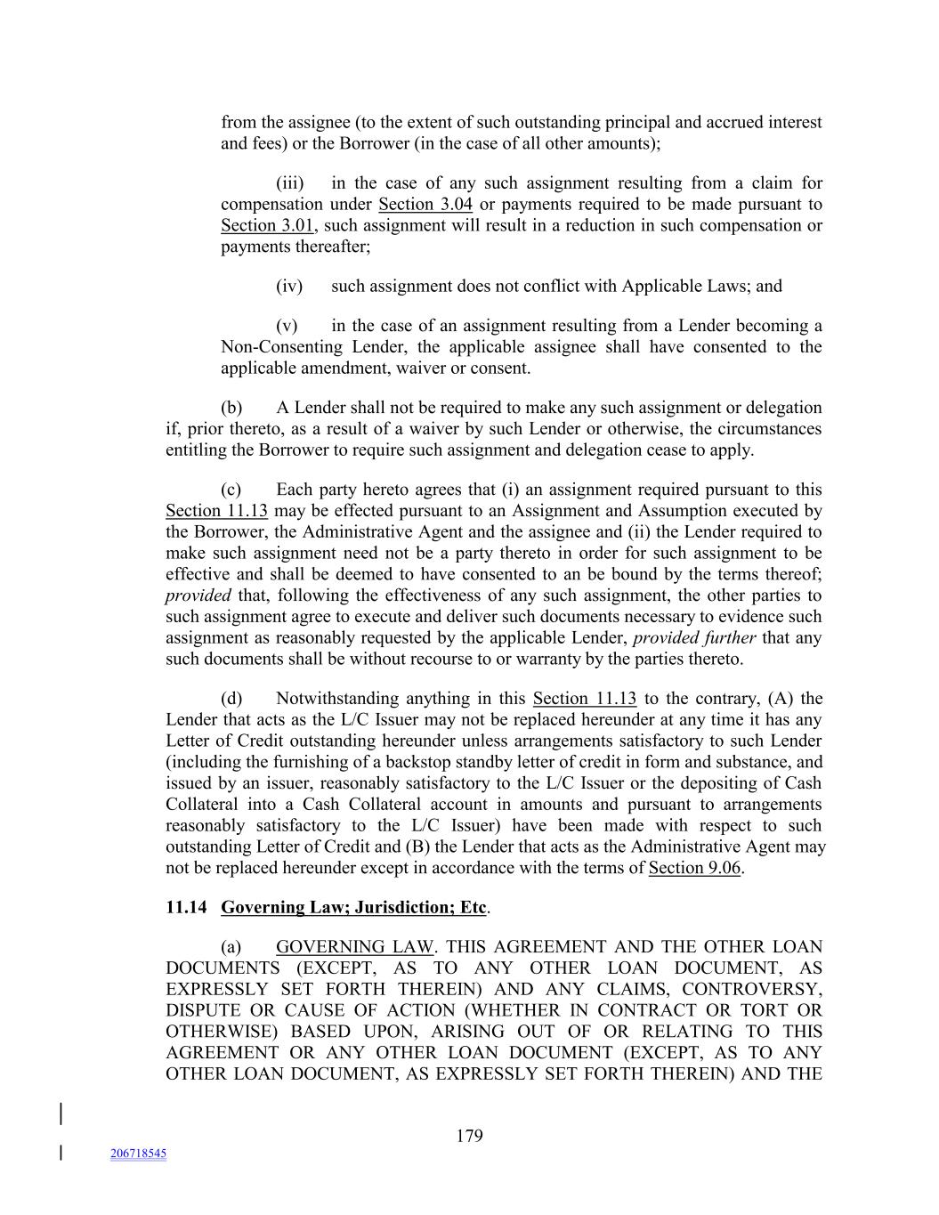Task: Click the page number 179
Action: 469,1136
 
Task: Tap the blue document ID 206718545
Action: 138,1154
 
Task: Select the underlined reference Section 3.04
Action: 425,204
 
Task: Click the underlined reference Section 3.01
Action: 268,225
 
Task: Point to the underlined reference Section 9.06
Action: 694,868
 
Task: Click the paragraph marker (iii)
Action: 290,183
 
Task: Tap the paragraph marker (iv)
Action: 289,286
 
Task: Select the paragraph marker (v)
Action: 287,326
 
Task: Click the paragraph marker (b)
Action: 231,408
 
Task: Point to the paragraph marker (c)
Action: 231,490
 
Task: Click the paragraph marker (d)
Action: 231,699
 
